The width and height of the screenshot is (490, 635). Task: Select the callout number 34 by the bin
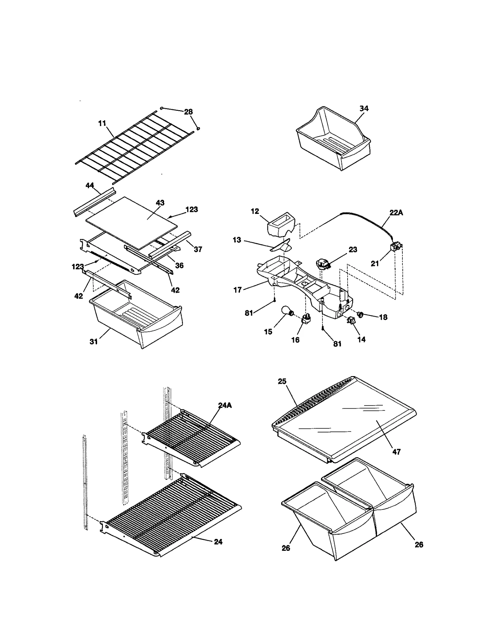point(364,109)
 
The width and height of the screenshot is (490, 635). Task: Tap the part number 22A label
point(396,213)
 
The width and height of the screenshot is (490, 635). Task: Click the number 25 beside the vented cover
point(282,381)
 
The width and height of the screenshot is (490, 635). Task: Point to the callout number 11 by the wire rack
point(102,123)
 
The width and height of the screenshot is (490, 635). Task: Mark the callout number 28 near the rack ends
point(188,112)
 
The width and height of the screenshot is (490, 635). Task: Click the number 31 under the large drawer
point(94,342)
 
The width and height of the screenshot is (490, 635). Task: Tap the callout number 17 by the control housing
point(238,290)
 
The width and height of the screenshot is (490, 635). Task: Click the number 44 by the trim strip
point(90,185)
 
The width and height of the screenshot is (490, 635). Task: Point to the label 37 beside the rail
point(198,249)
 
